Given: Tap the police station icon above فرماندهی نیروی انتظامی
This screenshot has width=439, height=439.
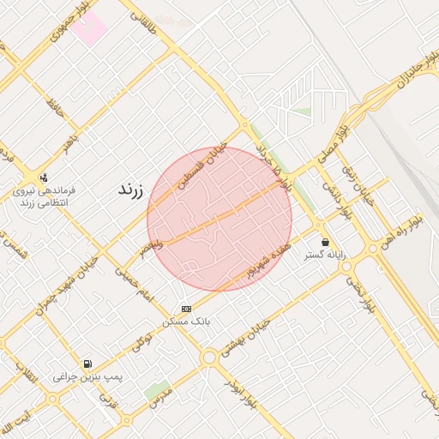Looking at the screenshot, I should (x=44, y=177).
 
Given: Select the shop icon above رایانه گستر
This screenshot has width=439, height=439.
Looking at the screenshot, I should (x=324, y=243).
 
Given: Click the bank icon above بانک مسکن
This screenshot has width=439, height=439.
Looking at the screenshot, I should (x=187, y=309).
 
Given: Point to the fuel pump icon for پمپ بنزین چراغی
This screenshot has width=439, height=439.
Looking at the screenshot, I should (x=87, y=364).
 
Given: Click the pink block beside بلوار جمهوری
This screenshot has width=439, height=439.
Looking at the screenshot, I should (x=88, y=27).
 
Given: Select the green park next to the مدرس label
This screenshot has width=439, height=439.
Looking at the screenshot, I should (x=157, y=390).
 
